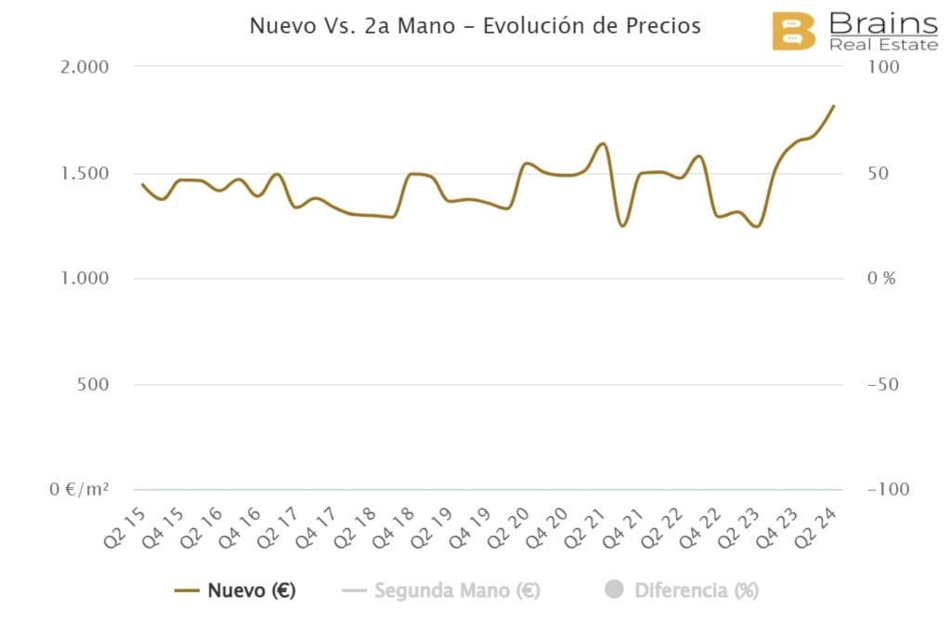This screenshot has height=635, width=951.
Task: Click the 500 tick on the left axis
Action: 93,384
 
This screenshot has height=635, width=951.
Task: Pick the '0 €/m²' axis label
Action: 79,489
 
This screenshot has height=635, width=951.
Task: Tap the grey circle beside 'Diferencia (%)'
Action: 614,589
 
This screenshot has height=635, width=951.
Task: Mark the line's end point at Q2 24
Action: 834,106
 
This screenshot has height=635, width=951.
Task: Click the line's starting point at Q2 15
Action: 141,184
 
